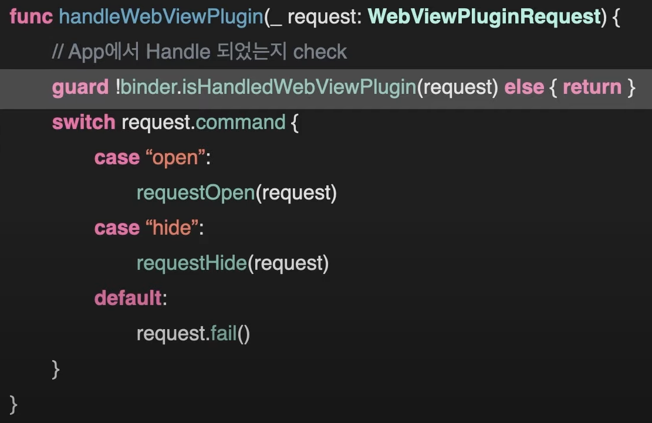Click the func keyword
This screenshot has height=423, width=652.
[31, 16]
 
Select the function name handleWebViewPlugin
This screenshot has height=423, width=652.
[161, 16]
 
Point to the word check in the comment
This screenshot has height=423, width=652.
[320, 52]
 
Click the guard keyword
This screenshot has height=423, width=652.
[80, 87]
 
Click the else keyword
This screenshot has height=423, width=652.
[524, 87]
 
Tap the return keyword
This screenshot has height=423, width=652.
[592, 87]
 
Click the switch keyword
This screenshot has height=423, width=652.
[83, 122]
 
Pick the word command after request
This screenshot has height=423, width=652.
[240, 122]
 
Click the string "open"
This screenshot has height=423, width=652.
[174, 157]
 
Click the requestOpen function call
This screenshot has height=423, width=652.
[195, 192]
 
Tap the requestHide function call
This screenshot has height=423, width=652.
[191, 263]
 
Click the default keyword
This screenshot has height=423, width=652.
[128, 298]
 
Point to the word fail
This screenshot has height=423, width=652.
[223, 333]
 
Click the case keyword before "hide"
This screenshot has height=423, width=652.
[117, 228]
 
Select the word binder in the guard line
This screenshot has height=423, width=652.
[147, 87]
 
